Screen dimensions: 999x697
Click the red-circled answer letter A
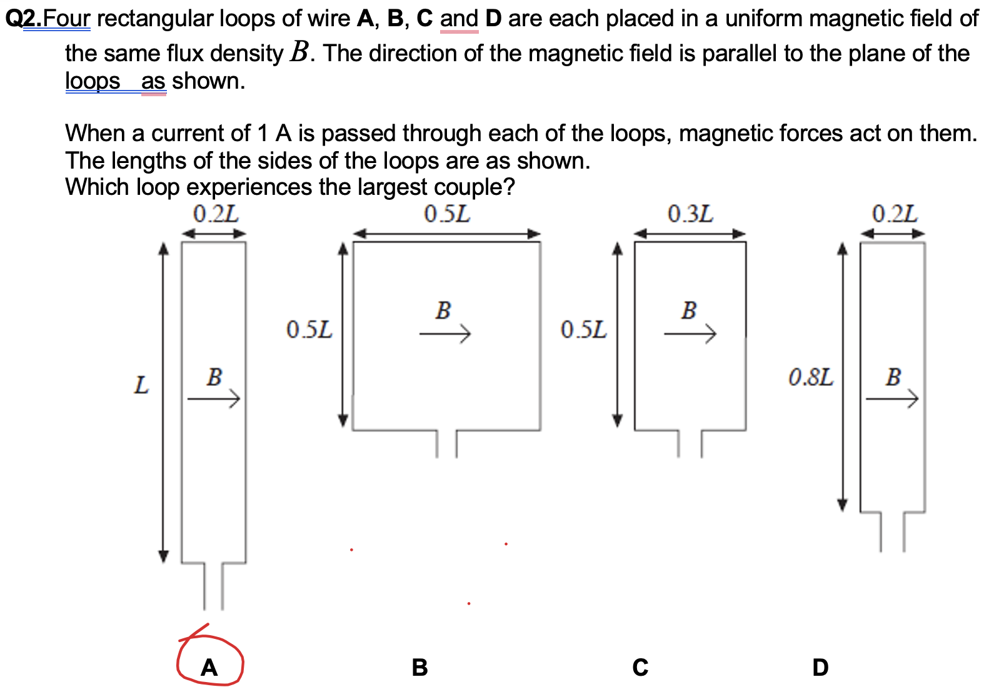coord(209,667)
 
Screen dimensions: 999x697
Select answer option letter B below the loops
coord(419,667)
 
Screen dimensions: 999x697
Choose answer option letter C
coord(640,667)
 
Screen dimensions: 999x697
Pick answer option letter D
coord(820,667)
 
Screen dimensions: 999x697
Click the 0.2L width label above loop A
coord(215,214)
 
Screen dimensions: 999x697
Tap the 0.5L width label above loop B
coord(446,214)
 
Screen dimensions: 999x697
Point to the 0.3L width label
coord(690,214)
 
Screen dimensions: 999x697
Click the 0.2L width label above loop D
coord(895,214)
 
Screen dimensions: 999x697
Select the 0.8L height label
coord(810,377)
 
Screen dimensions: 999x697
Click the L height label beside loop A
coord(142,385)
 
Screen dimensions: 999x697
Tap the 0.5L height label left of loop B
coord(309,329)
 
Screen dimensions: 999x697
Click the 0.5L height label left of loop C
coord(583,329)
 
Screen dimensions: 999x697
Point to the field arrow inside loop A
coord(214,398)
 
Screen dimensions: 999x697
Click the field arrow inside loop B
coord(444,334)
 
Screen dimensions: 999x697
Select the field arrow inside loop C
coord(690,334)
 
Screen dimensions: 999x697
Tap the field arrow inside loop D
coord(892,398)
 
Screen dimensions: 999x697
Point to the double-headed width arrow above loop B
coord(446,234)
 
